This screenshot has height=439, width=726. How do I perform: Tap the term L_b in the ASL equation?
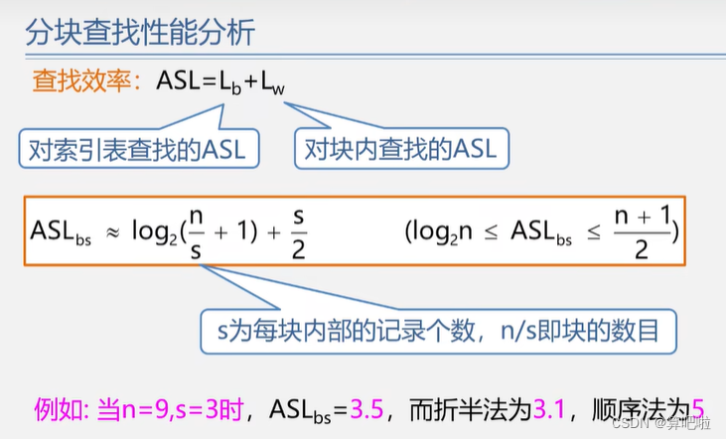coord(231,83)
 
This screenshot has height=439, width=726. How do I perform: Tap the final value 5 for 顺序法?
coord(697,407)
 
